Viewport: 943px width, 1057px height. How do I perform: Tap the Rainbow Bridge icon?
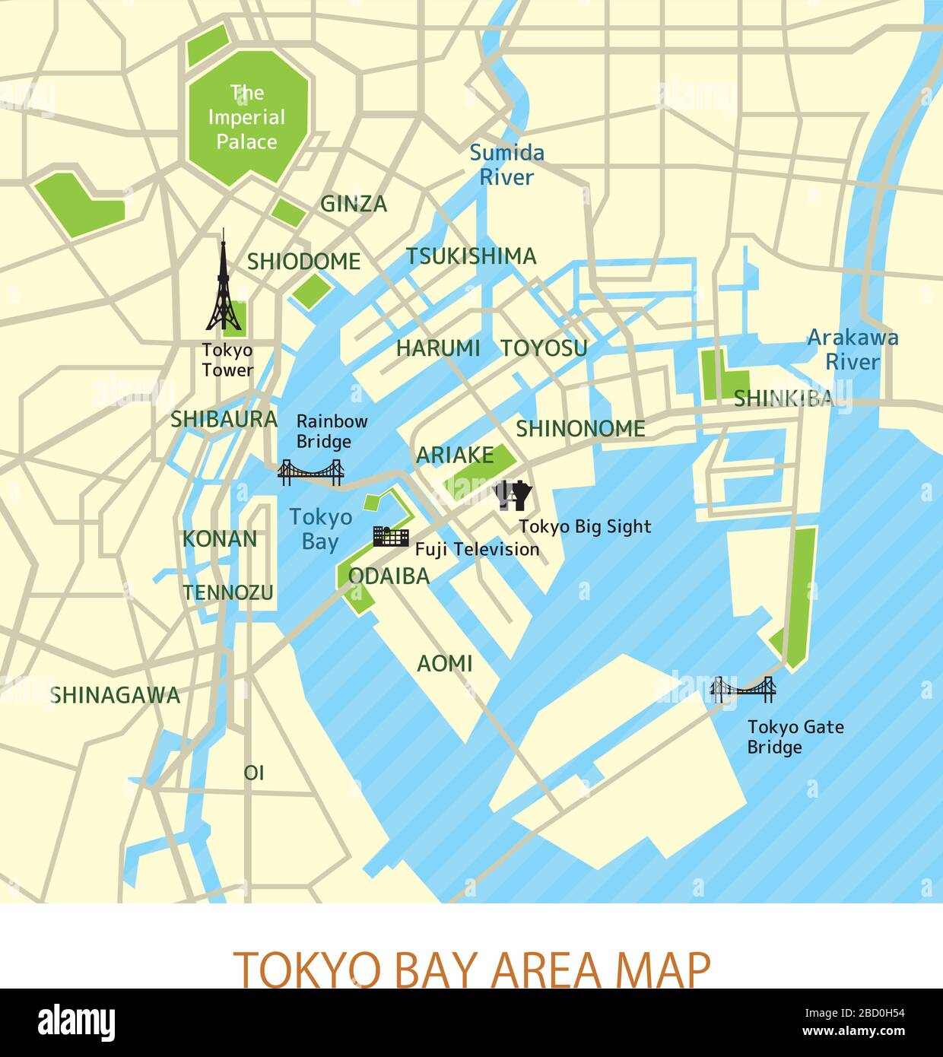pos(311,472)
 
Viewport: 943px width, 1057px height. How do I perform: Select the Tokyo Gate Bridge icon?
pos(742,689)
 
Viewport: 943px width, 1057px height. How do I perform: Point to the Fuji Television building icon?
pos(391,535)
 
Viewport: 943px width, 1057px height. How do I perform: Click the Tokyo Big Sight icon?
pos(513,495)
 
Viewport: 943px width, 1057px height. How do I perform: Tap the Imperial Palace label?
pos(246,117)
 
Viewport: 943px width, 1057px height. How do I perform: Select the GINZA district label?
pos(354,204)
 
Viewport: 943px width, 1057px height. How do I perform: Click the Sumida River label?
pos(506,165)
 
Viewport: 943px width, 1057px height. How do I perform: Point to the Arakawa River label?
pos(852,349)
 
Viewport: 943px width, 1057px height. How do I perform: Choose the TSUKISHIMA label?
pos(471,256)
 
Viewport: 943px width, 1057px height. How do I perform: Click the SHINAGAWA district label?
pos(116,695)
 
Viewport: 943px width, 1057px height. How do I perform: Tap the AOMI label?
pos(445,664)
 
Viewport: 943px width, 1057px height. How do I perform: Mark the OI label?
pos(254,773)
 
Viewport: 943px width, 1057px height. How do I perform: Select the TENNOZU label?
pos(227,592)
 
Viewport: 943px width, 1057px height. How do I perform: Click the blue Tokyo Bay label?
pos(320,529)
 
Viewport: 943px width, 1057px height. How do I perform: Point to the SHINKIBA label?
pos(783,398)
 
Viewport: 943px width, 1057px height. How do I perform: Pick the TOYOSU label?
pos(544,348)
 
